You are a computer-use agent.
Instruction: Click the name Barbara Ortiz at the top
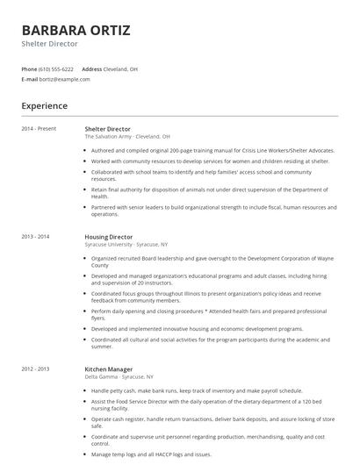point(76,30)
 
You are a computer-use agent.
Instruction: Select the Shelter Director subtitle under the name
point(49,44)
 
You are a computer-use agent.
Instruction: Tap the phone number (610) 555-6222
point(56,68)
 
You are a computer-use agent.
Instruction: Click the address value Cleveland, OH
point(120,68)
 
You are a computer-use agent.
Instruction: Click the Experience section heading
point(44,106)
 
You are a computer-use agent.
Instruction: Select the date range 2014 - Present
point(39,129)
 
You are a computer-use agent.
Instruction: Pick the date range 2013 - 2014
point(35,237)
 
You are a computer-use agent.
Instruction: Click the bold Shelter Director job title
point(107,129)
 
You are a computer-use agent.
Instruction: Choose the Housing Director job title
point(109,237)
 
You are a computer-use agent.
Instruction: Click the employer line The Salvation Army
point(127,137)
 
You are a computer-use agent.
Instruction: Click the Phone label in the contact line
point(29,68)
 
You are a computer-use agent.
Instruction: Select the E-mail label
point(30,79)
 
